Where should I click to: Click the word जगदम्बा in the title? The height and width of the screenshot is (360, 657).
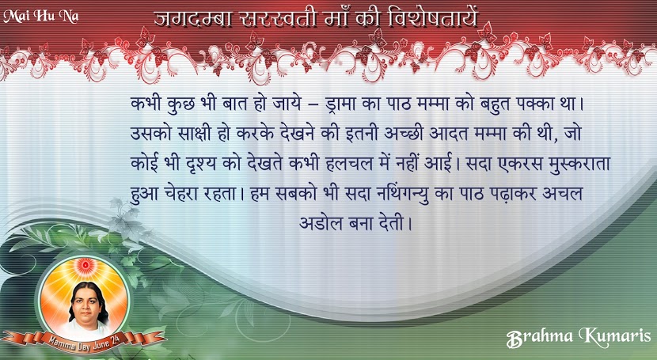click(x=192, y=19)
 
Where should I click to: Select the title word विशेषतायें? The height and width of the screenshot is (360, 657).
click(x=432, y=19)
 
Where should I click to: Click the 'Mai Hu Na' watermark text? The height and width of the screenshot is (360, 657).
click(x=40, y=17)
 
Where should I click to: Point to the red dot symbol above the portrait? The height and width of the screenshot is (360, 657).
click(x=85, y=265)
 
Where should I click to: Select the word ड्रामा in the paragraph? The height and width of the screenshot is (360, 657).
click(x=340, y=104)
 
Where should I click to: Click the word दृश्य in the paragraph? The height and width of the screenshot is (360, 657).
click(x=201, y=163)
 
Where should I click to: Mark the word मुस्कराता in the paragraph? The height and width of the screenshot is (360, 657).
click(x=579, y=163)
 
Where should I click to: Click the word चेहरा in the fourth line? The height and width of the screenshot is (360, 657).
click(x=177, y=193)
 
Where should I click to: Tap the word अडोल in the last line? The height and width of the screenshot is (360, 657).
click(x=321, y=223)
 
